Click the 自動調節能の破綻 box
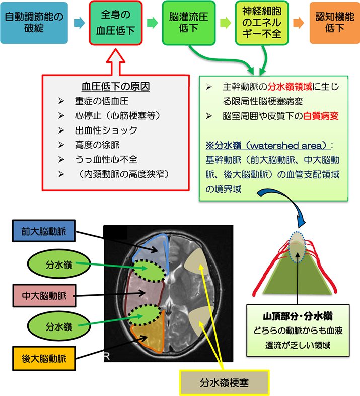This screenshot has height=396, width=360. pos(34,23)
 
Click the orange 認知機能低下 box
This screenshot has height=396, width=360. pos(334,23)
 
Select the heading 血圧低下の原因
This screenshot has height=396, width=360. pos(115,86)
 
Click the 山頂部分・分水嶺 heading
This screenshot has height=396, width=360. pos(299,317)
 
